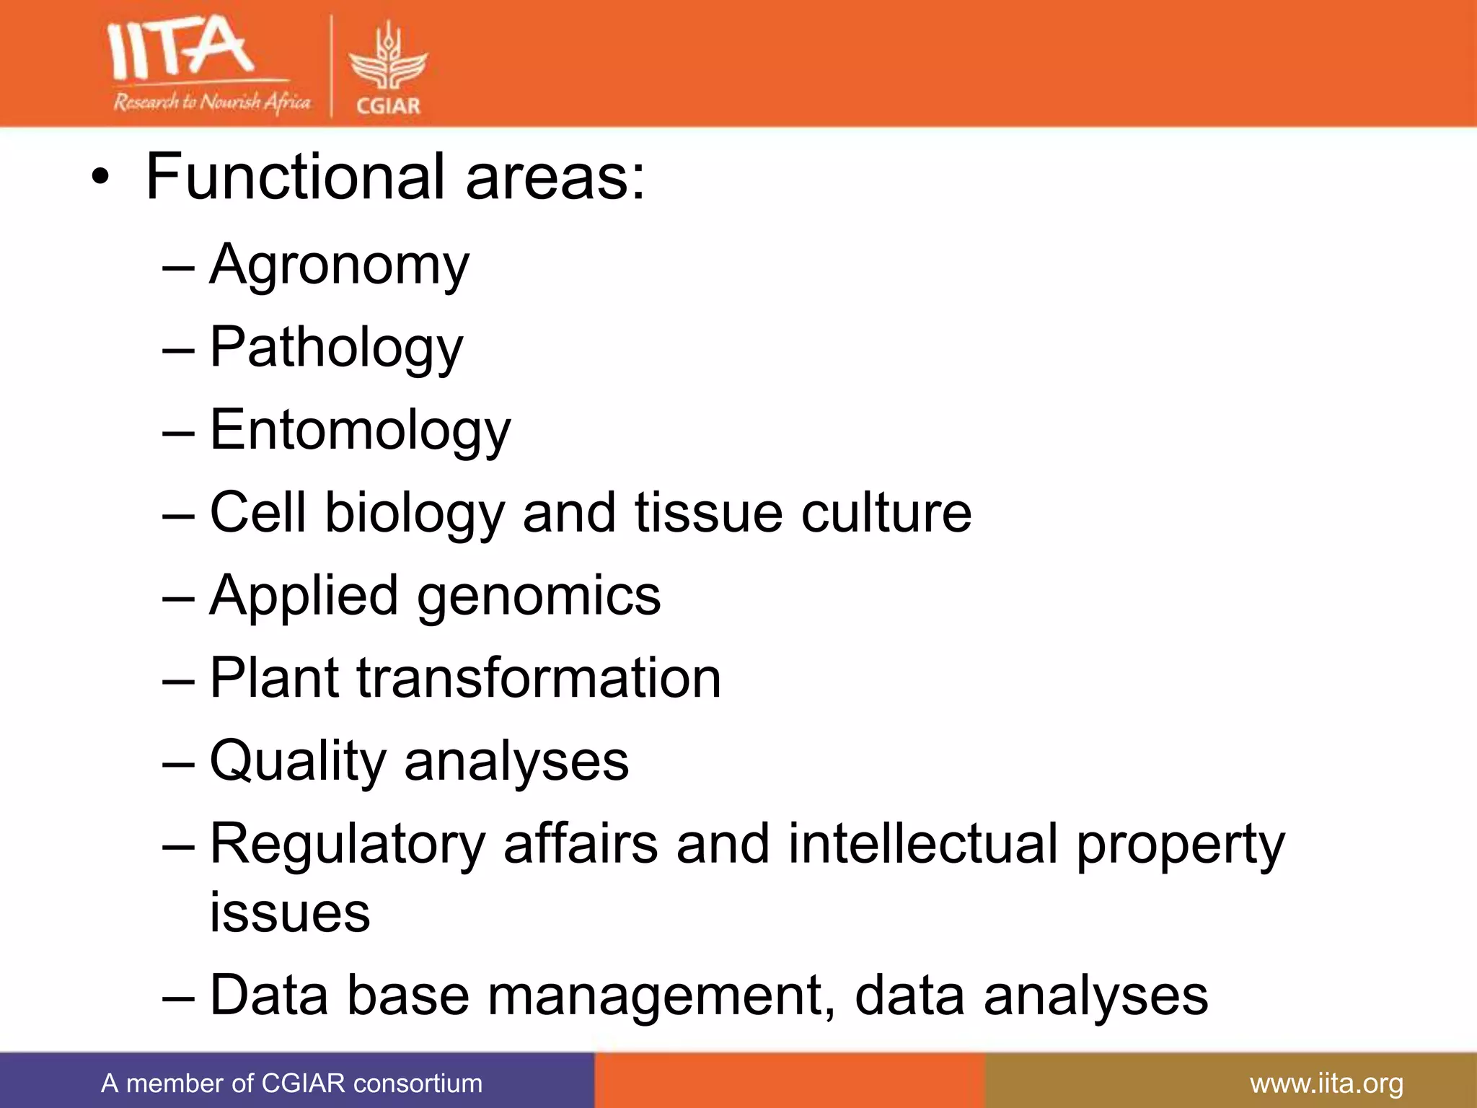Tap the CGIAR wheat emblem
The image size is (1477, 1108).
pos(388,61)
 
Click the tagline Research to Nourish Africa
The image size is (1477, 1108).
pos(211,102)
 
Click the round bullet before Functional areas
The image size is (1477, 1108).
pos(101,177)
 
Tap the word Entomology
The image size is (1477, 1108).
pos(360,431)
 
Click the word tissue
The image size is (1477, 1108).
pos(708,513)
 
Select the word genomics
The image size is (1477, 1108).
pos(539,597)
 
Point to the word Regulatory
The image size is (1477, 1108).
pos(348,845)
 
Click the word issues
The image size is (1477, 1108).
pos(290,913)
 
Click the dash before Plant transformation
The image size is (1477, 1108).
pos(178,680)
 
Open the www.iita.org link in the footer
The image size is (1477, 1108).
pos(1326,1083)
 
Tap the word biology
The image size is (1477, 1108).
pos(415,514)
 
